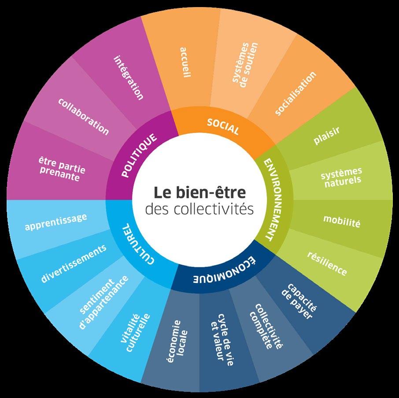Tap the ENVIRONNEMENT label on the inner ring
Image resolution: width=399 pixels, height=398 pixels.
[273, 199]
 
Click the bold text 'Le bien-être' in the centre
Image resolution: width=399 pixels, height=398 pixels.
[199, 193]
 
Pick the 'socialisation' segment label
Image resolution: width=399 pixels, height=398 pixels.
[296, 94]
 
